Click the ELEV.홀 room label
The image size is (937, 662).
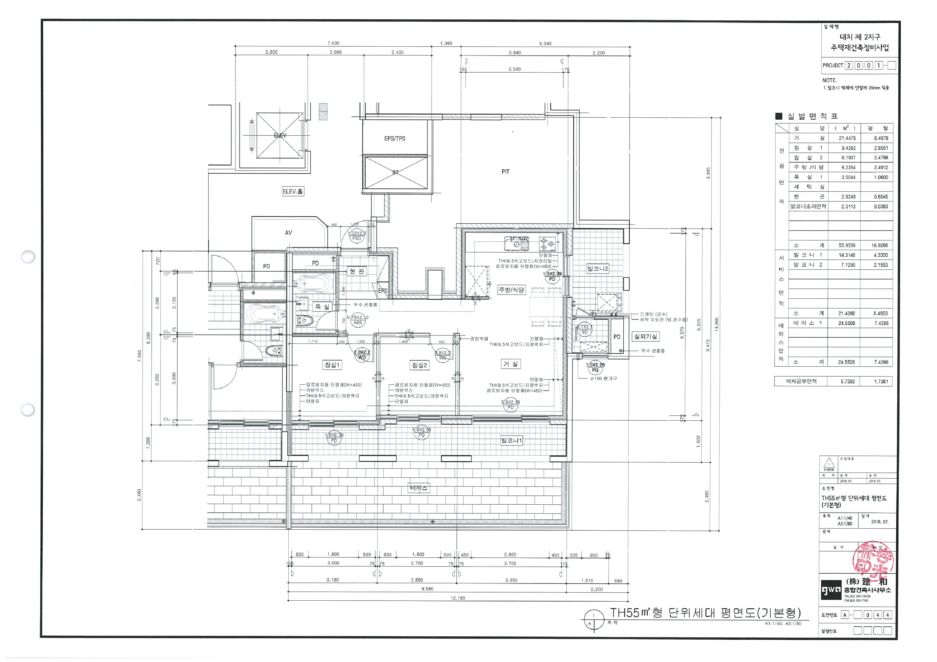(293, 191)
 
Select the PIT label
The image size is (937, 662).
(505, 172)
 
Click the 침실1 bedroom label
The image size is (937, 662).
(331, 365)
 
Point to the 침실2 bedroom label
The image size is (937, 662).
(420, 365)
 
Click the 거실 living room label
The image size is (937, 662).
(510, 364)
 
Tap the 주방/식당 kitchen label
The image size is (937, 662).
(511, 290)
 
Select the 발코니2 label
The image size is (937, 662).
(597, 268)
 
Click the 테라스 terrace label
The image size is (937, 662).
(419, 488)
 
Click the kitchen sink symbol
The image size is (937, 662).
(517, 244)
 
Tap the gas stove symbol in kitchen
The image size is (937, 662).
(547, 244)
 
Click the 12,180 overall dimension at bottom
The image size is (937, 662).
(458, 598)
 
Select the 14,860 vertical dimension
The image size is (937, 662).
(717, 324)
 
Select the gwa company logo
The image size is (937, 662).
(831, 590)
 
